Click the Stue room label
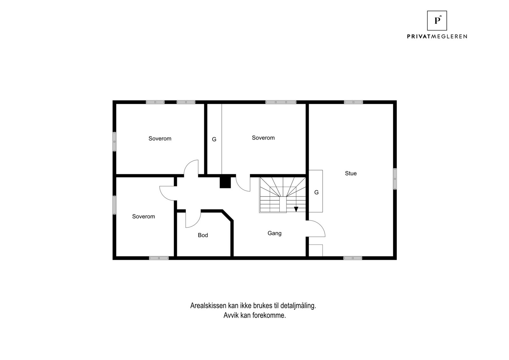(351, 173)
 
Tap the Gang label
(274, 233)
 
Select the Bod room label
(203, 235)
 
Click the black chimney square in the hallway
(225, 182)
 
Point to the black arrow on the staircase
(296, 209)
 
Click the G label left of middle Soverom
(214, 139)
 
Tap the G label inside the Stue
(316, 192)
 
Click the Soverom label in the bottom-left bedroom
(143, 216)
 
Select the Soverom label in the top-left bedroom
(160, 138)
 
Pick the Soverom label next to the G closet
(263, 138)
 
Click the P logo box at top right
(437, 21)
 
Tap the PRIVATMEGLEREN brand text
(437, 37)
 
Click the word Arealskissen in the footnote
(208, 306)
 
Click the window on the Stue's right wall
(394, 179)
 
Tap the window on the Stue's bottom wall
(352, 258)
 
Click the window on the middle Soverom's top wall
(281, 102)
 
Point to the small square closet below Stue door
(316, 250)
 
